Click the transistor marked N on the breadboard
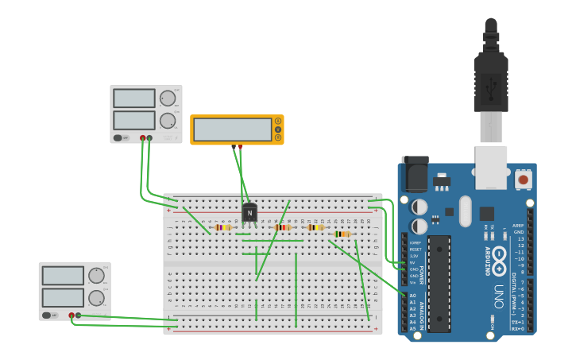[x=249, y=213]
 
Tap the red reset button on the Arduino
[x=523, y=180]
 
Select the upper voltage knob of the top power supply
[x=167, y=99]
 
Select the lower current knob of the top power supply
[x=167, y=121]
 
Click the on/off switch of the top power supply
[x=118, y=137]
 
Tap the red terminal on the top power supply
[x=143, y=138]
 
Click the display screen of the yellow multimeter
[x=233, y=130]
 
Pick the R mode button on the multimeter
[x=278, y=137]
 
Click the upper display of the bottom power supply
[x=63, y=276]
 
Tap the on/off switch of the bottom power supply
[x=48, y=315]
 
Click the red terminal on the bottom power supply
[x=72, y=315]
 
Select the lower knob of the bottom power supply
[x=96, y=298]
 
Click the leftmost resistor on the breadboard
[x=223, y=227]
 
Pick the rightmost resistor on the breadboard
[x=342, y=234]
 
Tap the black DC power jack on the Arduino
[x=415, y=173]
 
